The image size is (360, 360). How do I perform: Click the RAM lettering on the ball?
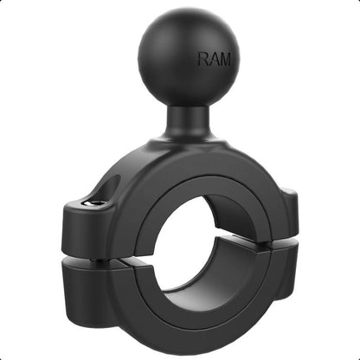pyautogui.click(x=214, y=60)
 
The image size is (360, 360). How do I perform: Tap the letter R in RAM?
pyautogui.click(x=203, y=60)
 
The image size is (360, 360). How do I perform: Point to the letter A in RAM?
pyautogui.click(x=214, y=60)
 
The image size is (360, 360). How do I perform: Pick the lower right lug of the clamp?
pyautogui.click(x=281, y=273)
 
